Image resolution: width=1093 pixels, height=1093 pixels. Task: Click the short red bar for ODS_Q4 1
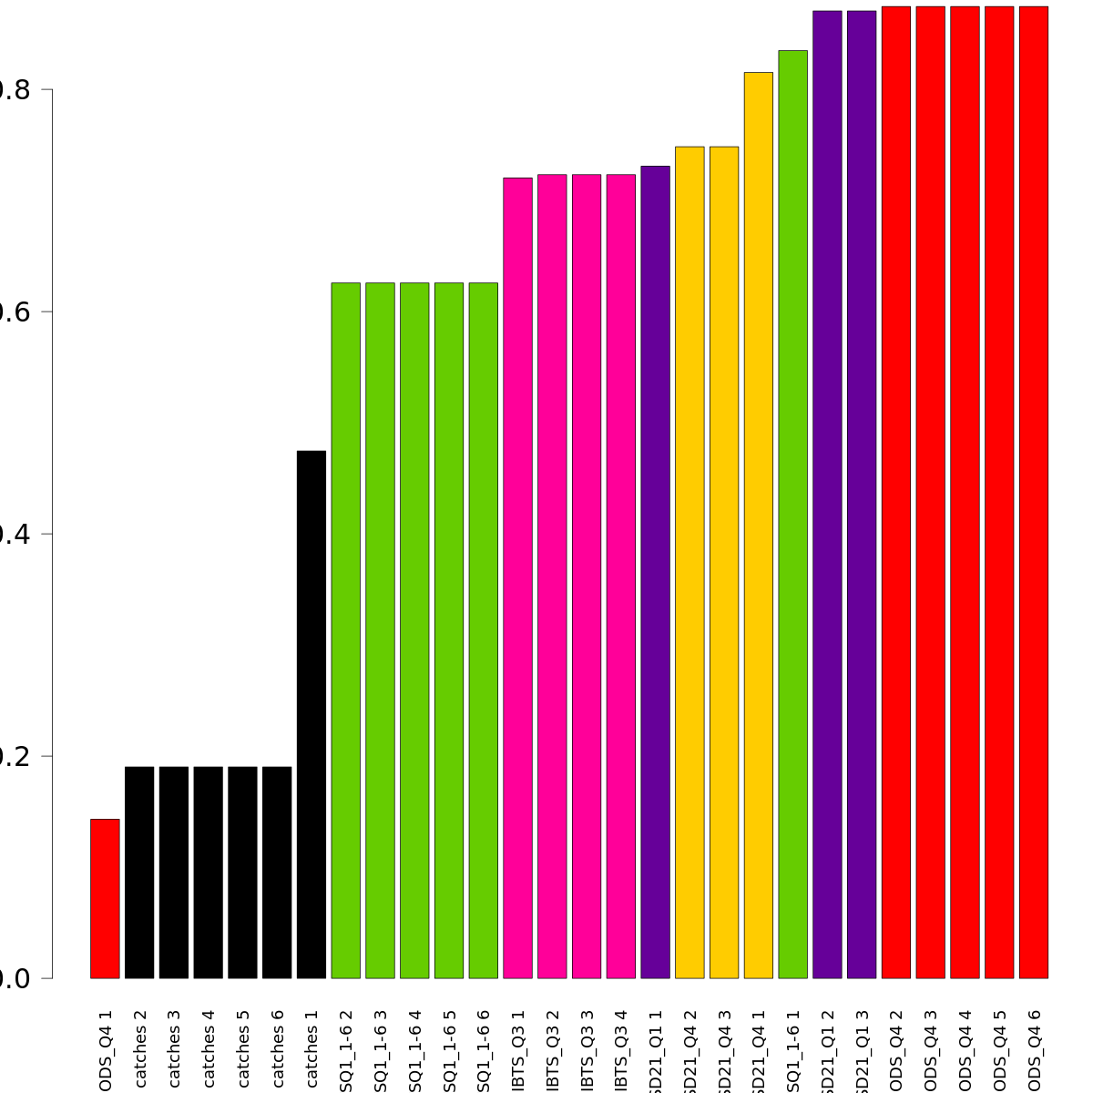(105, 898)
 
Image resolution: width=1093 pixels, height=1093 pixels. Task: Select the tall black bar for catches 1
(312, 714)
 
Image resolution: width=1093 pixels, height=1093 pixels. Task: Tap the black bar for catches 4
(208, 872)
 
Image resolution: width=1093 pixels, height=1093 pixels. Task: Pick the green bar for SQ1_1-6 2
(345, 630)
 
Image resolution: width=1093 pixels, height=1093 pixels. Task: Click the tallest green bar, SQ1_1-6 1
(792, 514)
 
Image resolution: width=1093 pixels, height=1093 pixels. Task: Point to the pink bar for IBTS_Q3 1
(517, 577)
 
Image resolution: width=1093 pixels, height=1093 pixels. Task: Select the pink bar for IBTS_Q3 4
(621, 576)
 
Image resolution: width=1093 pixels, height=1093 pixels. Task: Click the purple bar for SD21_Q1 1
(655, 572)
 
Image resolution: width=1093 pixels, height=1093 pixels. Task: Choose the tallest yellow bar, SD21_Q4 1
(758, 525)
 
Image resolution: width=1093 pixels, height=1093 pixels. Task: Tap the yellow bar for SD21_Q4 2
(690, 562)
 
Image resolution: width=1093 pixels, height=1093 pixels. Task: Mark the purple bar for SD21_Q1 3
(862, 495)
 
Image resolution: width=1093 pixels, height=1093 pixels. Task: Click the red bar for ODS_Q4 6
(1033, 492)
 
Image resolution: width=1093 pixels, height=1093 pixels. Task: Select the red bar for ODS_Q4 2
(895, 492)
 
